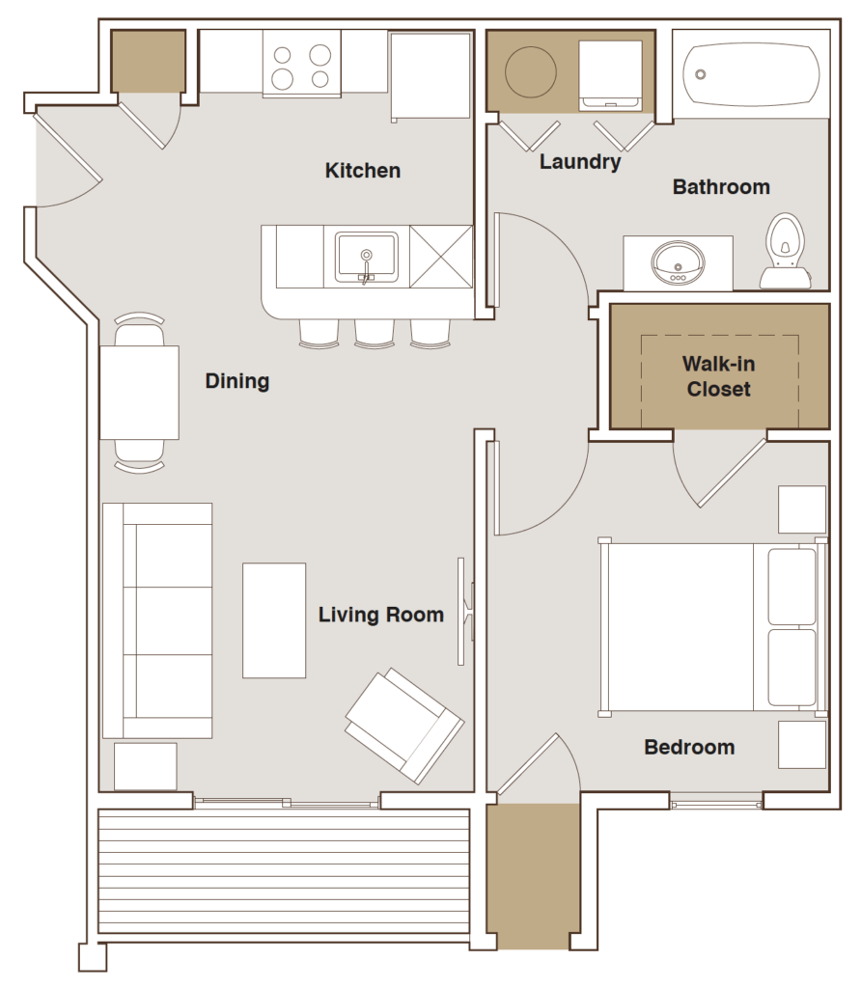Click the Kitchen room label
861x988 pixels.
(362, 171)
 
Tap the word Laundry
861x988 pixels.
(579, 161)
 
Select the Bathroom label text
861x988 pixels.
(721, 186)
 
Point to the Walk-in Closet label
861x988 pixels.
(718, 377)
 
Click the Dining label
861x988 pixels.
(236, 381)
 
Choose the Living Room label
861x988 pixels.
(381, 615)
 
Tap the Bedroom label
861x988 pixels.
(689, 747)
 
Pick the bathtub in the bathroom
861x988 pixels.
(751, 73)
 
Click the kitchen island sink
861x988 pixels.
(366, 258)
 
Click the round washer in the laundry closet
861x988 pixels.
(532, 70)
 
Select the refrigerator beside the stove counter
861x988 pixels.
(430, 74)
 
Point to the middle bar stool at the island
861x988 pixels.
(375, 330)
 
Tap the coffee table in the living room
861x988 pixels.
(274, 620)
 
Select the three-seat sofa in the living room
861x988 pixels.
(157, 620)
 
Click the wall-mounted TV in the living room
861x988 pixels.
(464, 611)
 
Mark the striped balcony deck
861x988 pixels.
(284, 871)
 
